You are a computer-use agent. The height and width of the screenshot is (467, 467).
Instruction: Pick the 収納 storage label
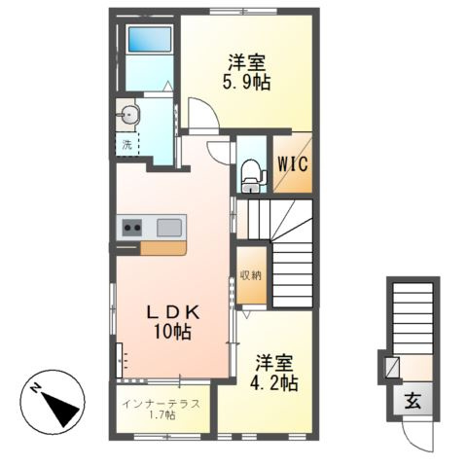250,274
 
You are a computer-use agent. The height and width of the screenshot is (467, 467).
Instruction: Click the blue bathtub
149,41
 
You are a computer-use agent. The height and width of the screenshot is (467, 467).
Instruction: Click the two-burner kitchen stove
130,228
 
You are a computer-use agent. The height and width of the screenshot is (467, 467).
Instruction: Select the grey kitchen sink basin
169,228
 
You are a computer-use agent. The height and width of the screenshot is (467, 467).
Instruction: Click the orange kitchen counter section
162,247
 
